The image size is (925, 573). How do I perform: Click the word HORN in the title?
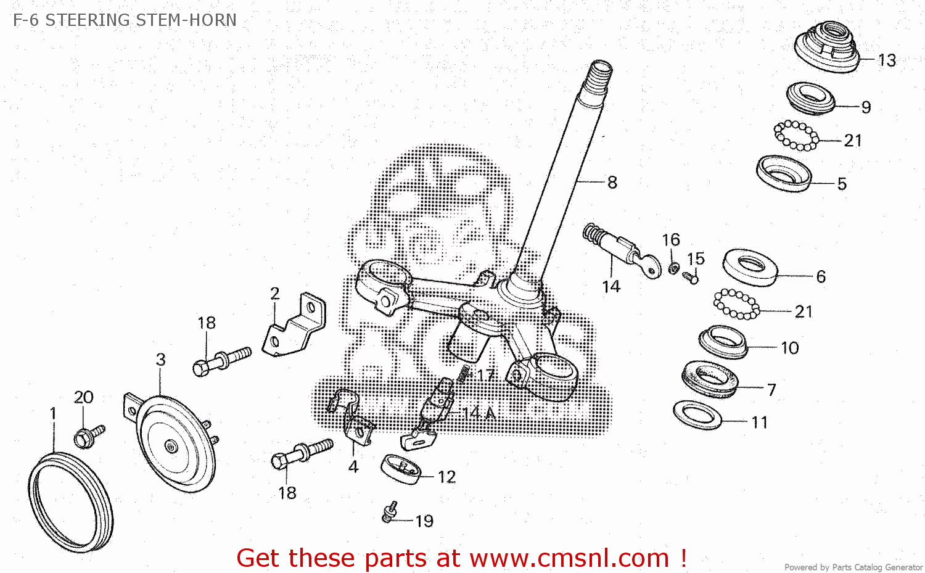[x=212, y=20]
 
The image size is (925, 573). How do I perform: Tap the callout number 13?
[x=887, y=60]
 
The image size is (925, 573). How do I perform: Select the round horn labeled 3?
[x=173, y=443]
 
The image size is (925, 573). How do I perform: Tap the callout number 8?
[x=612, y=183]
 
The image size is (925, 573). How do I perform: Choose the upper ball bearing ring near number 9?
[x=796, y=135]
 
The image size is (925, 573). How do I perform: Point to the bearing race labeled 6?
[x=750, y=266]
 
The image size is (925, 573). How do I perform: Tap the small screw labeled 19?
[x=389, y=512]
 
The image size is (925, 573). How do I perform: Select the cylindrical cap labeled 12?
[x=401, y=469]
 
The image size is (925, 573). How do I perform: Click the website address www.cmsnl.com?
[x=569, y=558]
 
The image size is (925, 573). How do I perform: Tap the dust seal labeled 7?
[x=710, y=379]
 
